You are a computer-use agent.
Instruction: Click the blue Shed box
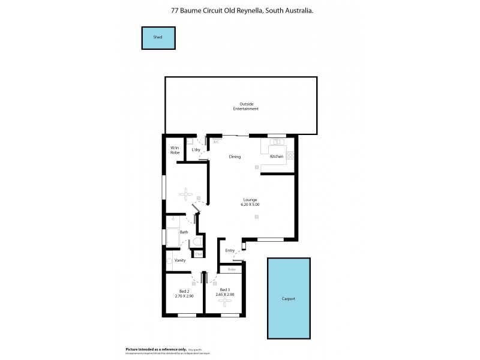coord(158,38)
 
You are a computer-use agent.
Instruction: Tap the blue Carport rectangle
coord(289,298)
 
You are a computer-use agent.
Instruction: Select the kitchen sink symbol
coord(277,142)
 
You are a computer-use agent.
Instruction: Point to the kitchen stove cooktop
coord(290,155)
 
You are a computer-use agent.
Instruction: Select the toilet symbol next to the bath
coord(196,242)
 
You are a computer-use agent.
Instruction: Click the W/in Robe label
coord(175,150)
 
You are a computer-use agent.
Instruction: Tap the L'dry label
coord(196,149)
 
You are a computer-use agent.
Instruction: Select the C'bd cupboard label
coord(198,254)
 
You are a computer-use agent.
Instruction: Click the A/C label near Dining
coord(216,142)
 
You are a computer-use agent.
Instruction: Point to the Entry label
coord(230,250)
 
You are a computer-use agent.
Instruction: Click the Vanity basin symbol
coord(169,260)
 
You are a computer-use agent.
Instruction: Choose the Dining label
coord(235,157)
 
